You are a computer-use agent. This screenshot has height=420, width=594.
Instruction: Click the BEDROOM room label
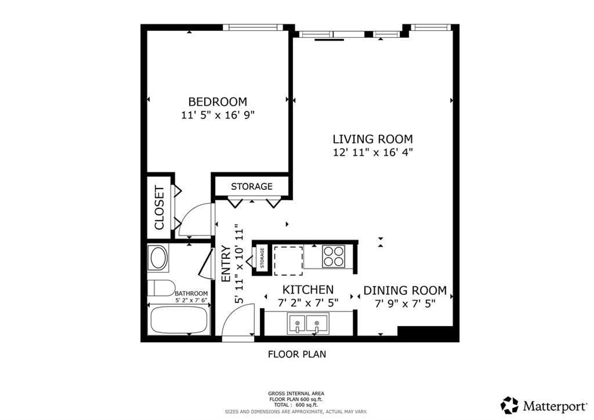click(x=218, y=102)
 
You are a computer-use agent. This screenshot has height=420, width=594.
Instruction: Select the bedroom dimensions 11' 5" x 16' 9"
click(x=218, y=115)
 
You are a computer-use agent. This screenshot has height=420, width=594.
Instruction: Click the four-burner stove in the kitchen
click(x=334, y=256)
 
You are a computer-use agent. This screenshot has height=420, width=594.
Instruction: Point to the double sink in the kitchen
click(x=308, y=323)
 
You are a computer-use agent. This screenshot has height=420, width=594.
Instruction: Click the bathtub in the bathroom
click(x=179, y=320)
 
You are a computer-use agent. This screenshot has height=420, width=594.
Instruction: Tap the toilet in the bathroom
click(x=161, y=288)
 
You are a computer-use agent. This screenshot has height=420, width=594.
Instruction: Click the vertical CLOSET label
click(x=159, y=208)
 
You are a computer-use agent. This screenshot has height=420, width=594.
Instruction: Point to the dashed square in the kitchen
click(x=288, y=261)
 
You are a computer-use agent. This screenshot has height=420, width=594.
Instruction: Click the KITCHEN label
click(x=308, y=290)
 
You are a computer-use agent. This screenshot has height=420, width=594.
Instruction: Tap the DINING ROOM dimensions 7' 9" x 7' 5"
click(x=405, y=304)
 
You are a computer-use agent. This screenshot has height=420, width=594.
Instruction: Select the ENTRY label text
click(x=226, y=263)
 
